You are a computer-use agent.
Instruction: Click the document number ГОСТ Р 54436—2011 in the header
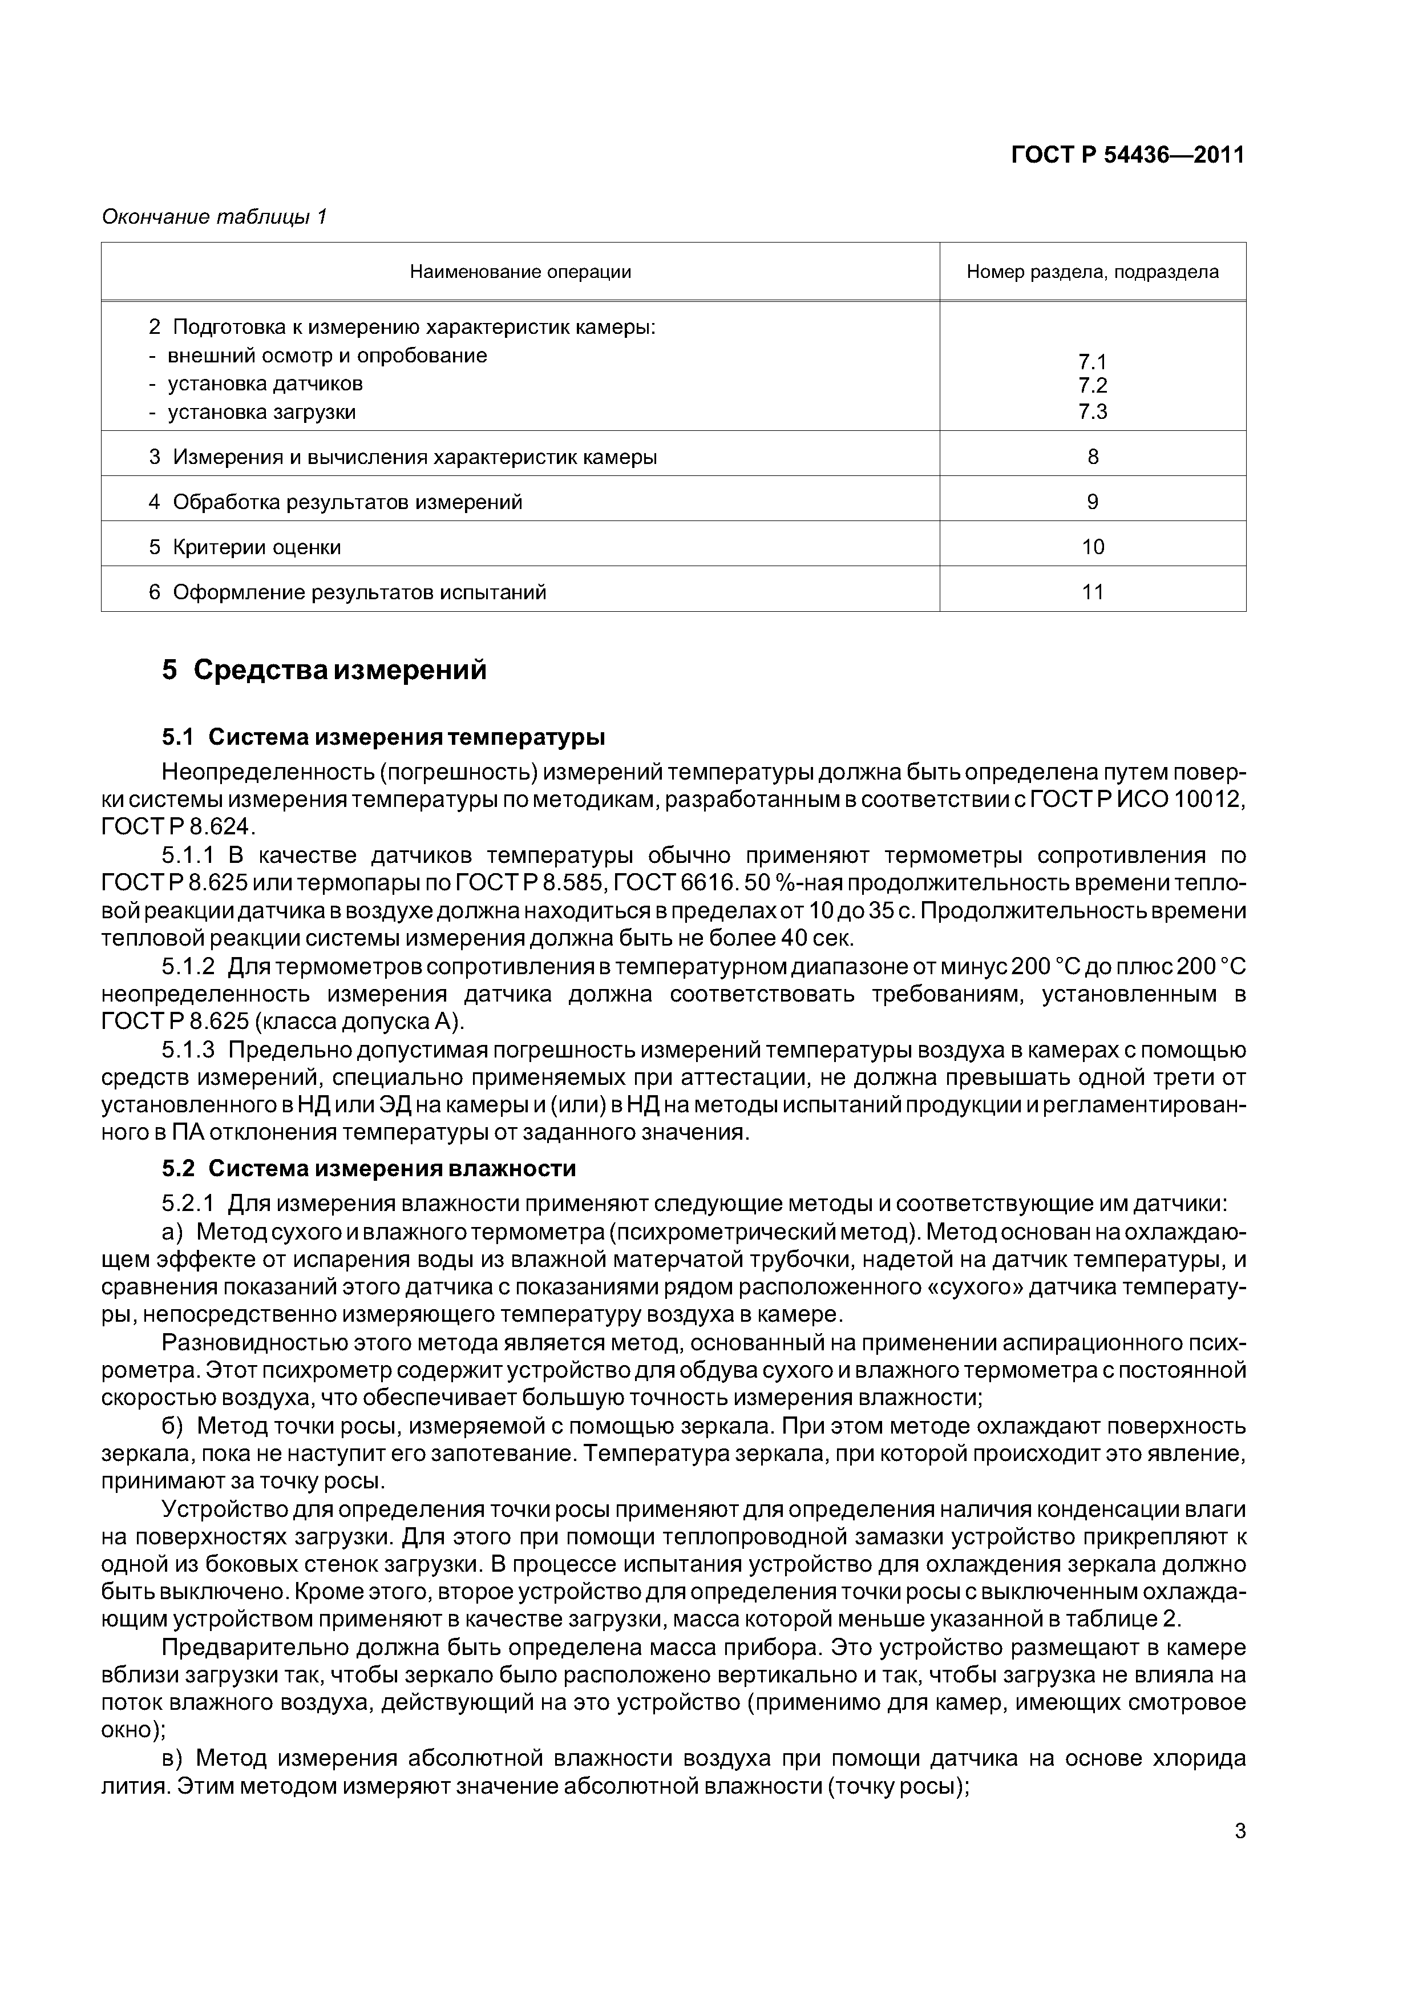tap(1127, 155)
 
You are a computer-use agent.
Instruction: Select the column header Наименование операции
tap(520, 272)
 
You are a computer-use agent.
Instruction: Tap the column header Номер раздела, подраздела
tap(1093, 272)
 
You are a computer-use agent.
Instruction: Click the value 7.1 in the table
tap(1093, 362)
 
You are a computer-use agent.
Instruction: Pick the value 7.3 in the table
tap(1093, 411)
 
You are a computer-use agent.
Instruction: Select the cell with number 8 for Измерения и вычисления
tap(1093, 457)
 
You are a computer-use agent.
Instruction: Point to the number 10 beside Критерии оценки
tap(1093, 548)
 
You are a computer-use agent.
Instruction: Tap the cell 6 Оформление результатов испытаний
tap(347, 593)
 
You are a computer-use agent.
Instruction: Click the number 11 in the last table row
tap(1093, 593)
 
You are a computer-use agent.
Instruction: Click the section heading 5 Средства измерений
tap(324, 671)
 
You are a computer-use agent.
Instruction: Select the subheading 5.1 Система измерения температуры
tap(383, 738)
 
